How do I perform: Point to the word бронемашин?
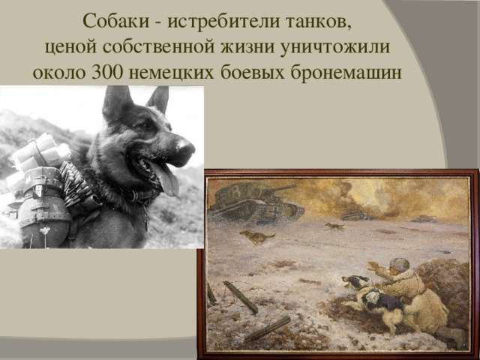click(x=346, y=73)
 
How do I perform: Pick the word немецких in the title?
click(x=172, y=73)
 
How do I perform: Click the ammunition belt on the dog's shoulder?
click(x=75, y=183)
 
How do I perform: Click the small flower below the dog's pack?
click(x=45, y=230)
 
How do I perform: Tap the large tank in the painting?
click(x=256, y=202)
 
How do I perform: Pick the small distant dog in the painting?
click(x=335, y=226)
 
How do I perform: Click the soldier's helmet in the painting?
click(x=400, y=265)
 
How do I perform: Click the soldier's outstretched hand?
click(x=373, y=265)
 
